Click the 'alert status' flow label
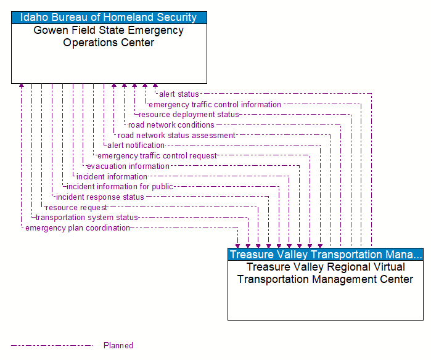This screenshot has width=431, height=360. pos(179,94)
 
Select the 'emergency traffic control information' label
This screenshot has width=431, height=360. pos(215,105)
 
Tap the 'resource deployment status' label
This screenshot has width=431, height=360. pos(189,115)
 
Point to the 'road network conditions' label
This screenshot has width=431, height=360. pos(171,125)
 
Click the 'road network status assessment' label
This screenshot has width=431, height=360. pos(176,136)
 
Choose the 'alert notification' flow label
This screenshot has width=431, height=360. pos(136,145)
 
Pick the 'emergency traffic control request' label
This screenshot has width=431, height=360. pos(157,156)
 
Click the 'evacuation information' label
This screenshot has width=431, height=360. pos(128,166)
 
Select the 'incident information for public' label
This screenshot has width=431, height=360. pos(120,187)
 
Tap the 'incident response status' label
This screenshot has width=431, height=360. pos(100,197)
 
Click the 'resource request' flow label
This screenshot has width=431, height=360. pos(76,208)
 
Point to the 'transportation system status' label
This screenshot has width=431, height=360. pos(86,218)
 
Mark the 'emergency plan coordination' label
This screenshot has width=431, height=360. pos(78,228)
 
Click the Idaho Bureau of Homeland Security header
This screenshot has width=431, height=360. pos(109,18)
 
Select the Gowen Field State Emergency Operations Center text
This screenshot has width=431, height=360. pos(109,36)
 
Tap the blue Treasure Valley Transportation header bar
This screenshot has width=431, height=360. pos(326,255)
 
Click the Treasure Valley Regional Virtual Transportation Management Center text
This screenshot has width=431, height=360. pos(326,273)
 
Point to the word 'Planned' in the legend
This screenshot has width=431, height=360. pos(118,345)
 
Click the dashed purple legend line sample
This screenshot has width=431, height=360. pos(52,345)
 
